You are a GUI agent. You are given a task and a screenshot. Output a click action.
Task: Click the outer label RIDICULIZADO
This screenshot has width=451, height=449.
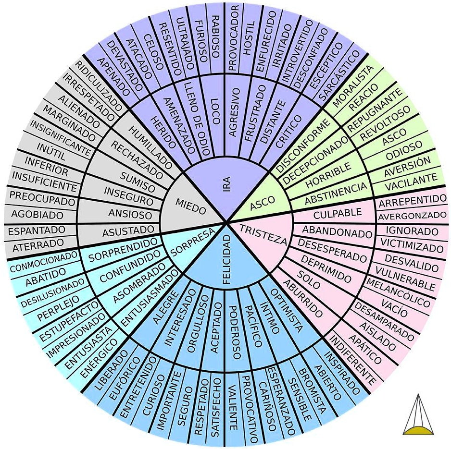point(99,86)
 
